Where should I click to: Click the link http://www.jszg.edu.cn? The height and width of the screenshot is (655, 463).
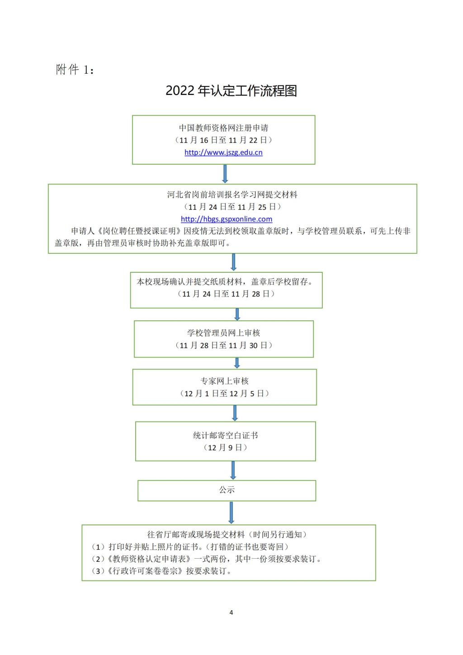(x=223, y=152)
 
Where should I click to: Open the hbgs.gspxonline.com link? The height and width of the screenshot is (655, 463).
(x=227, y=219)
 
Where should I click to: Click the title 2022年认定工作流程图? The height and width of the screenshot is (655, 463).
(x=231, y=90)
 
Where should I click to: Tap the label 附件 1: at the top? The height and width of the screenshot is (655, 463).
(x=75, y=70)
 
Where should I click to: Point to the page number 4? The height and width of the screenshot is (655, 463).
(x=231, y=610)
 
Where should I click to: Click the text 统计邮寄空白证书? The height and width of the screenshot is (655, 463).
(x=225, y=436)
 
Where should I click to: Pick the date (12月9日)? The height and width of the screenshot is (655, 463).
(x=225, y=448)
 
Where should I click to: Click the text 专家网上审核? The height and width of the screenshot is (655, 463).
(x=224, y=381)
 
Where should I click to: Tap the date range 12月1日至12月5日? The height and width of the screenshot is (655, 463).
(x=224, y=394)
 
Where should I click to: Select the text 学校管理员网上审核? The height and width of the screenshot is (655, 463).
(x=224, y=333)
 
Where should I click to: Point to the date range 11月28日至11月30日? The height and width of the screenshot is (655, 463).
(x=224, y=345)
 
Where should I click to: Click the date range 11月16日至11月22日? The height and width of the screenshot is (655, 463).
(x=224, y=140)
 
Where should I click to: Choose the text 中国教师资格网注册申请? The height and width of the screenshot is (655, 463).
(x=224, y=128)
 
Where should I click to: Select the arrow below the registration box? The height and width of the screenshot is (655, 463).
(x=225, y=174)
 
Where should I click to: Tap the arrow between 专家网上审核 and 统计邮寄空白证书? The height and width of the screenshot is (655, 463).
(x=235, y=413)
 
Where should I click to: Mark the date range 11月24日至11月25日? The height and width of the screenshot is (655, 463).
(x=232, y=207)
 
